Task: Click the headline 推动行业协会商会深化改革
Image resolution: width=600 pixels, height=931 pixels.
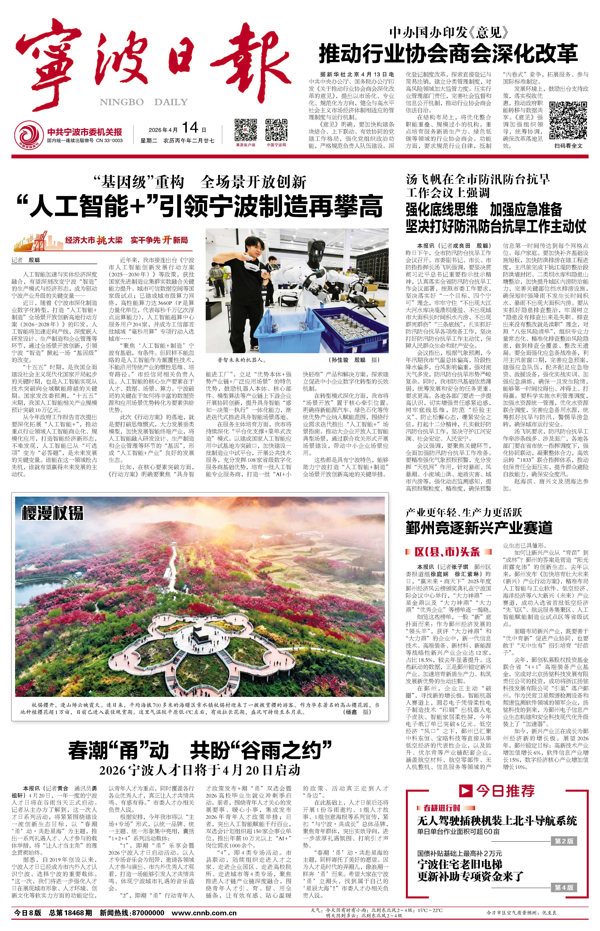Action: pyautogui.click(x=448, y=54)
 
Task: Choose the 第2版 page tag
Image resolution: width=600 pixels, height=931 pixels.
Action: pyautogui.click(x=564, y=841)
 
